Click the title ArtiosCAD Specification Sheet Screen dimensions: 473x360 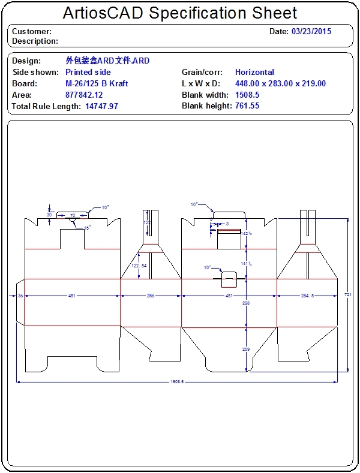click(180, 13)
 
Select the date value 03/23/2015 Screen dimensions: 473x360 click(311, 31)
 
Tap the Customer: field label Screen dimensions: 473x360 click(32, 31)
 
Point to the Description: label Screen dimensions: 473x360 click(35, 41)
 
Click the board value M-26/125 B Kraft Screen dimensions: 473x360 click(97, 83)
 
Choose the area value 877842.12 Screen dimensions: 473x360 click(84, 95)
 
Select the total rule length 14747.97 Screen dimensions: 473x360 click(102, 106)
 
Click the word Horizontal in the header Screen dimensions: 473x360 click(254, 72)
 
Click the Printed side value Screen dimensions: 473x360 click(88, 72)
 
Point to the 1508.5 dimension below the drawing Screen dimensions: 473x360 click(176, 381)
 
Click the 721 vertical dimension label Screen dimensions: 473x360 click(348, 294)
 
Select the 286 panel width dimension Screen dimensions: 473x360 click(151, 296)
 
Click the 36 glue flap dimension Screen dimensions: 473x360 click(20, 296)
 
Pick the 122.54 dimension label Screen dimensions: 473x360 click(139, 265)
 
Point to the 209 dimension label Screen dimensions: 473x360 click(245, 348)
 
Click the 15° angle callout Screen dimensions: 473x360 click(86, 228)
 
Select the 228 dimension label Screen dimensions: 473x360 click(245, 303)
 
